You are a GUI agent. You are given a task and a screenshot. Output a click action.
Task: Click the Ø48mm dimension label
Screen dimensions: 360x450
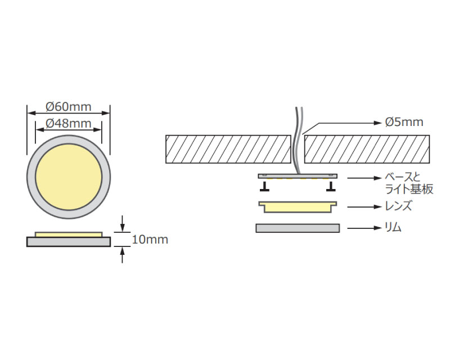68,123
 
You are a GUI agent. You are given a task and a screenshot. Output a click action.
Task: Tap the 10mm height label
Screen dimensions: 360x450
150,240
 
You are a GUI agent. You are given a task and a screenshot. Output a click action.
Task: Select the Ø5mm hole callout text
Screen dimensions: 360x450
404,122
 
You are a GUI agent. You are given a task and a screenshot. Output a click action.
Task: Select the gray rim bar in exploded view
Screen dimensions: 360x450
298,228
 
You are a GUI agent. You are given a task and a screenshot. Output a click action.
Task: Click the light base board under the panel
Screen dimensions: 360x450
298,176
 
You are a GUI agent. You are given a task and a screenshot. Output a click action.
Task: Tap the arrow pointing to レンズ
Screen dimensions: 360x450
362,207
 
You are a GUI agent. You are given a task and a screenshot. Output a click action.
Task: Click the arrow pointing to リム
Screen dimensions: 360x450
362,228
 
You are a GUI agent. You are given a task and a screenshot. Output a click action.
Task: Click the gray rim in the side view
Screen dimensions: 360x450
68,241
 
